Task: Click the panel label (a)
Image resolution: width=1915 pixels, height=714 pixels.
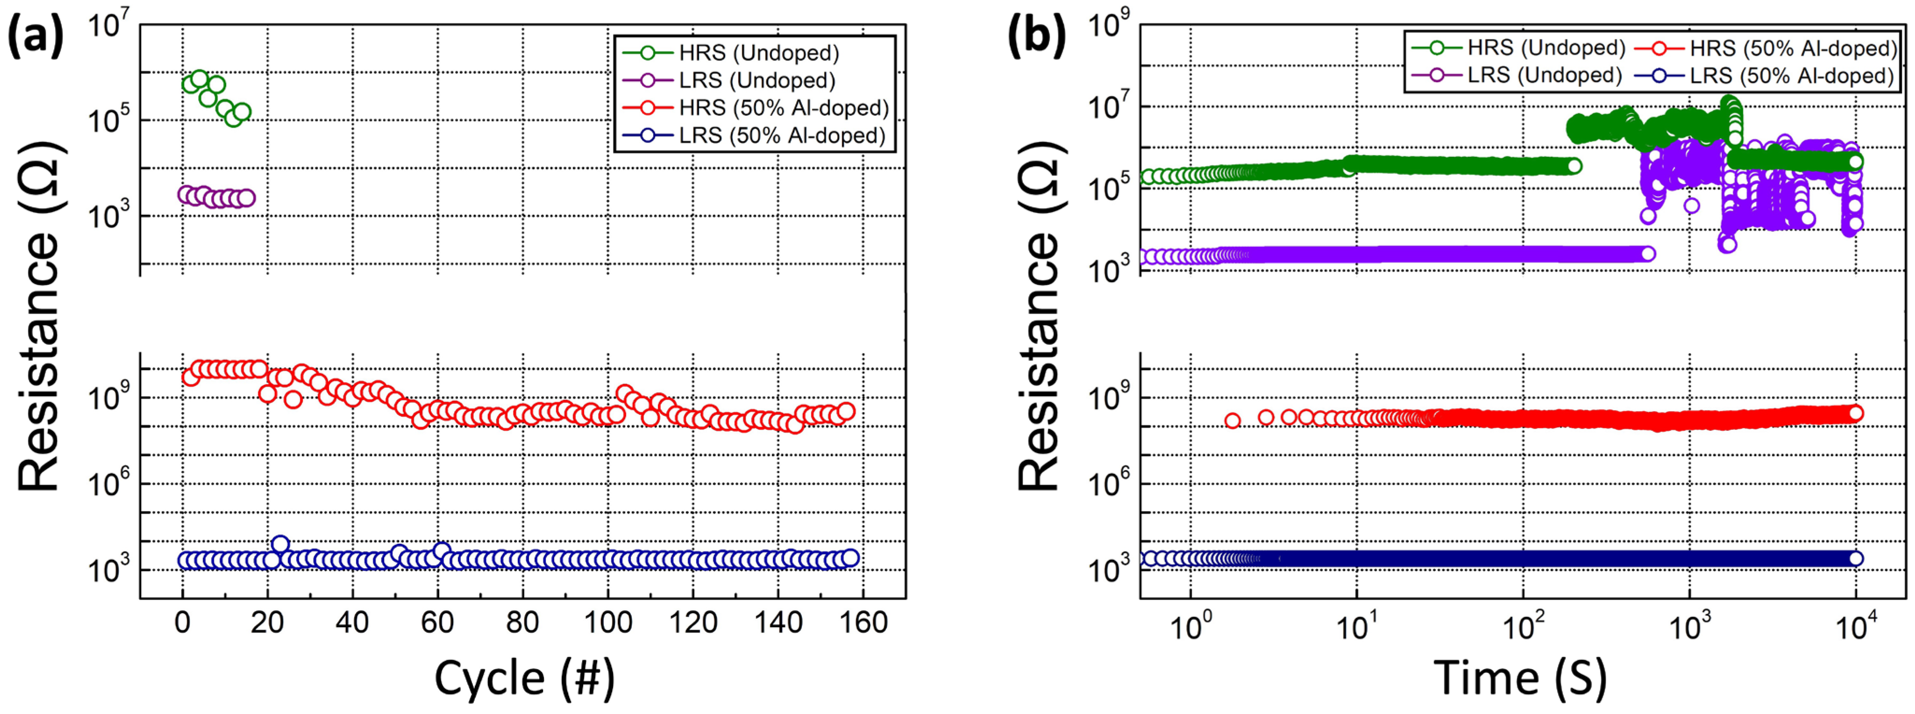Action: coord(35,37)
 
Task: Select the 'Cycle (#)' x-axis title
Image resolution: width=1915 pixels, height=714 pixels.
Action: coord(524,678)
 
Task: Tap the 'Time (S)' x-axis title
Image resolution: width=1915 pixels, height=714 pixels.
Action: coord(1520,678)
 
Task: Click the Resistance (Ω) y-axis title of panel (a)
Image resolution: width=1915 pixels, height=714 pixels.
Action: coord(39,316)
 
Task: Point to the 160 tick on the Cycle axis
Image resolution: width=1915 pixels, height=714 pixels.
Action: coord(864,622)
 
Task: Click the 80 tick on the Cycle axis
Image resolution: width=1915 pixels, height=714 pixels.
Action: coord(522,622)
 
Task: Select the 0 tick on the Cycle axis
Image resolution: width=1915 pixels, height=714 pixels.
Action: coord(183,622)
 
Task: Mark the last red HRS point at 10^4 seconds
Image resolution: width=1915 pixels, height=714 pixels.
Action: coord(1855,414)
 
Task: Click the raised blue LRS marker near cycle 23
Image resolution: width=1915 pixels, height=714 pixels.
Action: coord(280,544)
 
